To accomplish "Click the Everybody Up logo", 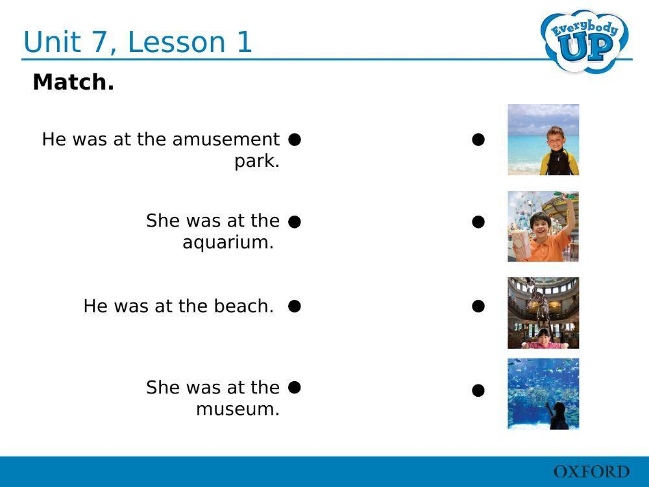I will (585, 40).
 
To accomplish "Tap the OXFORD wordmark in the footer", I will (591, 472).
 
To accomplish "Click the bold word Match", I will (73, 82).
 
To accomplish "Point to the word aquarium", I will (228, 242).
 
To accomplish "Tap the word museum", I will (238, 409).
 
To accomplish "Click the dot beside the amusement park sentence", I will (295, 139).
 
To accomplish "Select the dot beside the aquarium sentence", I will (295, 221).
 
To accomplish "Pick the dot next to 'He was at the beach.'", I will (295, 306).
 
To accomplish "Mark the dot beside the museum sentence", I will (295, 387).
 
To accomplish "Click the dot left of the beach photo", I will (478, 140).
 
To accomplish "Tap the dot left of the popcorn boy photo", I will (478, 222).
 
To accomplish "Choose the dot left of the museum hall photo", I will (478, 306).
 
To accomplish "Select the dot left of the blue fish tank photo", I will (478, 390).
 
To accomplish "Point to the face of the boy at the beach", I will (556, 139).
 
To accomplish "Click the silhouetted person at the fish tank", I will (557, 416).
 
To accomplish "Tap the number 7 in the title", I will (98, 42).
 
